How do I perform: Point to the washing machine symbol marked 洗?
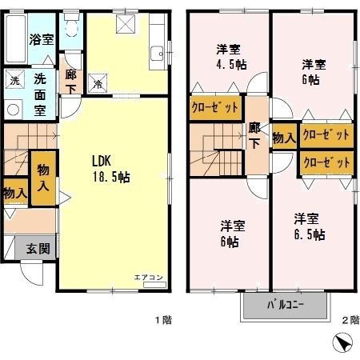(x=14, y=79)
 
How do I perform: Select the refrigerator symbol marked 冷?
(x=98, y=80)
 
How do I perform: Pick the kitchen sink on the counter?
(x=156, y=54)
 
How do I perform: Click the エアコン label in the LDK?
(x=148, y=277)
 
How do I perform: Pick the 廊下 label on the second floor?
(x=254, y=135)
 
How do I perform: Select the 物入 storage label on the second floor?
(x=284, y=138)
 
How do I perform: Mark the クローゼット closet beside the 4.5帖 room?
(x=216, y=107)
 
